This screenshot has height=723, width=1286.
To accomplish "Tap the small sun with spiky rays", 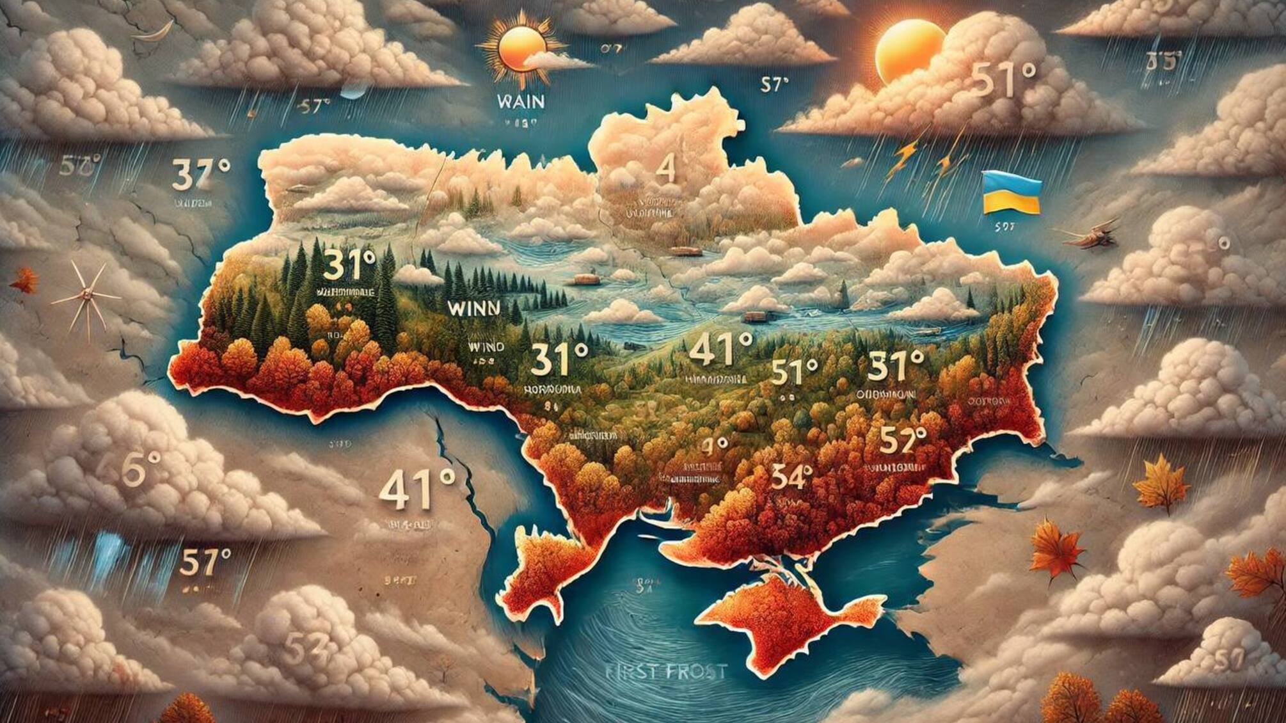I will (x=521, y=48).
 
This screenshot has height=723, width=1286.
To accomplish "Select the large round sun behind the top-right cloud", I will (x=909, y=51).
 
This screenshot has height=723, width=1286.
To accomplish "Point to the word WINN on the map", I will (x=474, y=308).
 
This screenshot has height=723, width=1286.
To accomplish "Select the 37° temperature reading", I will (x=200, y=174).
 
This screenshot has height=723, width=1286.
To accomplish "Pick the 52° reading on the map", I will (x=903, y=440).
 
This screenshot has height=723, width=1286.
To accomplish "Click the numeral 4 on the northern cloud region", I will (x=666, y=170).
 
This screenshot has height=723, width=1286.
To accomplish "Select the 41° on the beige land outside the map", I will (x=417, y=489).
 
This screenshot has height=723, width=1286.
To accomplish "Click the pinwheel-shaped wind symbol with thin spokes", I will (x=86, y=298).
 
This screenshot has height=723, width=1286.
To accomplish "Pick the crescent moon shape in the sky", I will (x=157, y=32).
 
